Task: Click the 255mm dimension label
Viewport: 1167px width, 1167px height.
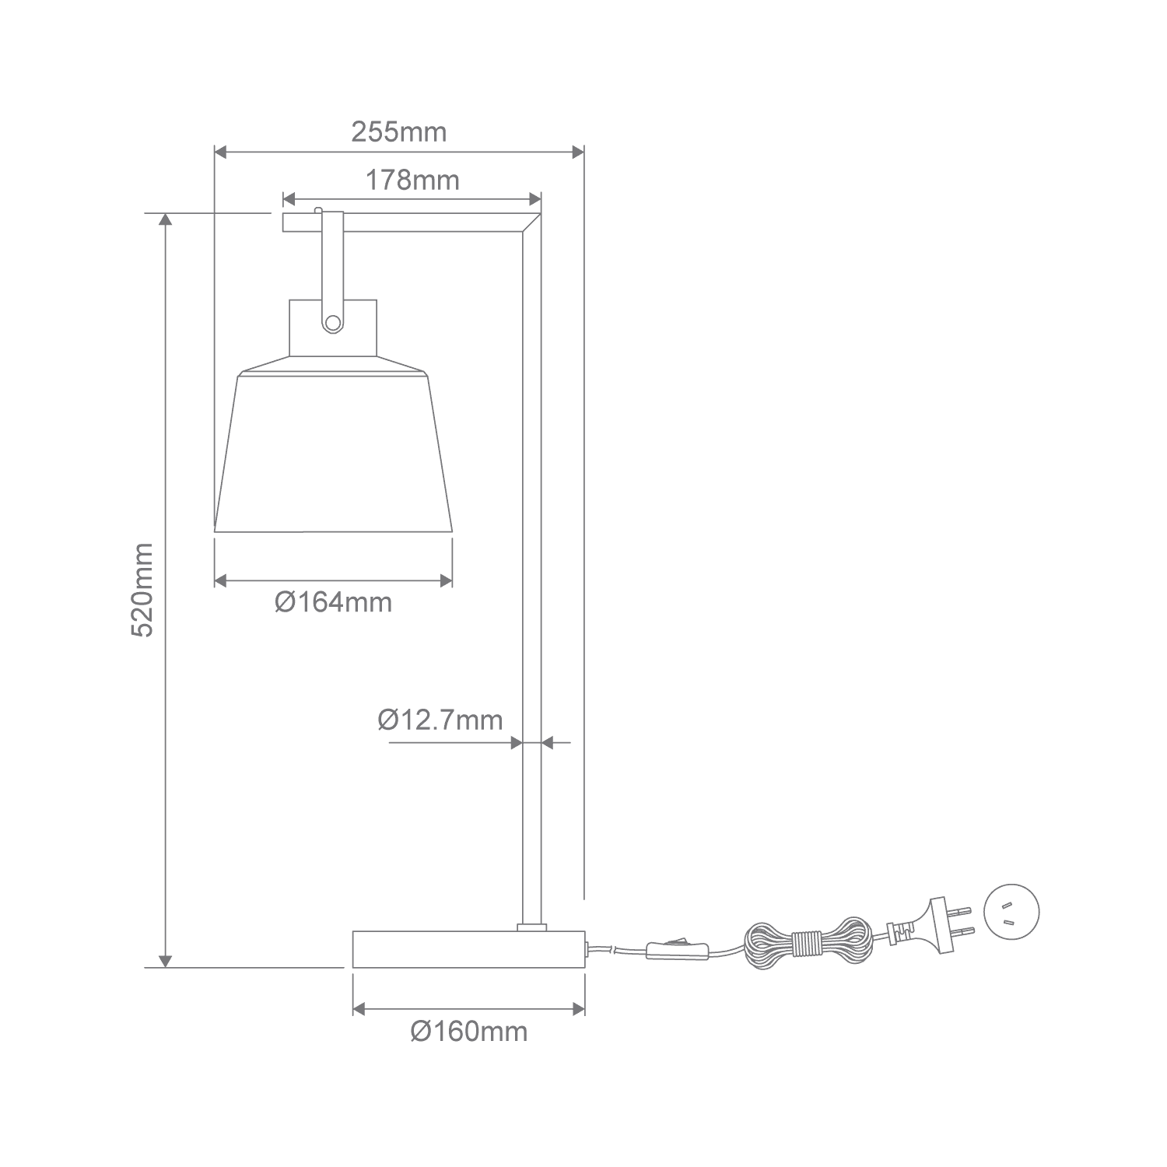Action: (399, 132)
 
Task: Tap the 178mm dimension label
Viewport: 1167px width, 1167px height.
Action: (412, 180)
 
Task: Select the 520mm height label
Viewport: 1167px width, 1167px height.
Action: (143, 591)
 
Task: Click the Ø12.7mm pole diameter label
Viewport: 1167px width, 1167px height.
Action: (440, 720)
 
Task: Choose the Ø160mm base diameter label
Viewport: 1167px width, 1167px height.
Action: (469, 1032)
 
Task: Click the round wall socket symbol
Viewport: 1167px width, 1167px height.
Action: (1011, 912)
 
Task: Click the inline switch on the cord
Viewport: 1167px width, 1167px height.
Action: (676, 947)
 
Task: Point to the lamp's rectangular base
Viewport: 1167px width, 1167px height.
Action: (468, 948)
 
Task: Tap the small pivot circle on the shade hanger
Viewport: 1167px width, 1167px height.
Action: (333, 323)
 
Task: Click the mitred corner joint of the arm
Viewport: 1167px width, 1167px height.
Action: (532, 223)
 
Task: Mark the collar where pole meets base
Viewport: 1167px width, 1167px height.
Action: (532, 926)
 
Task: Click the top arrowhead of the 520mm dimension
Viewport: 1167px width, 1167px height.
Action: (165, 219)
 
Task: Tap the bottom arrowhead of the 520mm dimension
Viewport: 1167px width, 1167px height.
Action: (165, 961)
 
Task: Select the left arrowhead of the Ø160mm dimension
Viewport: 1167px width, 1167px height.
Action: (359, 1009)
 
